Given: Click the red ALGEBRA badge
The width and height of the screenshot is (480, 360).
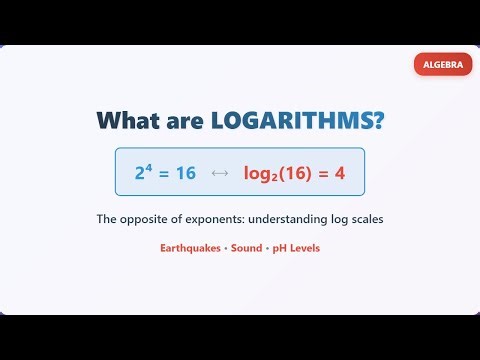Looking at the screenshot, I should (443, 64).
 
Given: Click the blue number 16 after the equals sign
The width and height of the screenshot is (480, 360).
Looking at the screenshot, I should (185, 173).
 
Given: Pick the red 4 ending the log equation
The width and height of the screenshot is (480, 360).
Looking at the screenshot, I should (340, 173).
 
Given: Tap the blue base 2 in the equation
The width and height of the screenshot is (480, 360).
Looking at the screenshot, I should (141, 174).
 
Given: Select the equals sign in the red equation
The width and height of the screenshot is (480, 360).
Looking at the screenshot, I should (324, 173).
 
